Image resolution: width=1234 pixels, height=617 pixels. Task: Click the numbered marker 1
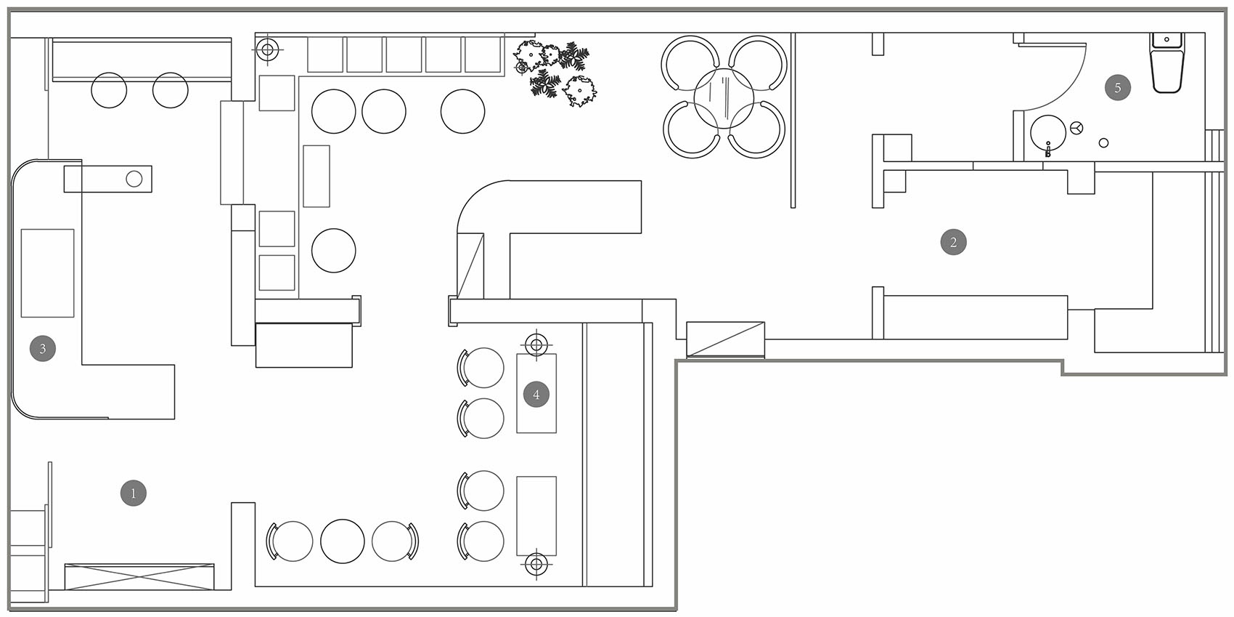click(134, 493)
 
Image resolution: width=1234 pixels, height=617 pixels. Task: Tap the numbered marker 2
click(953, 242)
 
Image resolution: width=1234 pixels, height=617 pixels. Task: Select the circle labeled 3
click(43, 348)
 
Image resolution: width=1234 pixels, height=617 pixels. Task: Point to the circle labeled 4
click(536, 395)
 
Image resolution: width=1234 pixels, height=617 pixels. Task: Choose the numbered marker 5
click(1118, 88)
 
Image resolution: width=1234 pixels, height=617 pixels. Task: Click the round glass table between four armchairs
click(723, 97)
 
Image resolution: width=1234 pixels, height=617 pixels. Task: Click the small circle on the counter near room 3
click(134, 178)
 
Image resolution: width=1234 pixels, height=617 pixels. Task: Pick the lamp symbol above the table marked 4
click(536, 343)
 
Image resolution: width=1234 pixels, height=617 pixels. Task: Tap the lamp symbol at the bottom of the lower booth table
click(536, 563)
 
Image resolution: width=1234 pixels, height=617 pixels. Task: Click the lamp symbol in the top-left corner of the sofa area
click(268, 50)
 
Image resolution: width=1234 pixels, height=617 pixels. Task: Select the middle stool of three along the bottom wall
click(343, 541)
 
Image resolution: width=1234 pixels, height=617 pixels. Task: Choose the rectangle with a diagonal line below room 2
click(725, 339)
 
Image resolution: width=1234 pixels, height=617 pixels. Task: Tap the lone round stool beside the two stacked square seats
click(334, 251)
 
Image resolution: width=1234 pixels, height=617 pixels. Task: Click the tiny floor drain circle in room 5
click(1104, 143)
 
